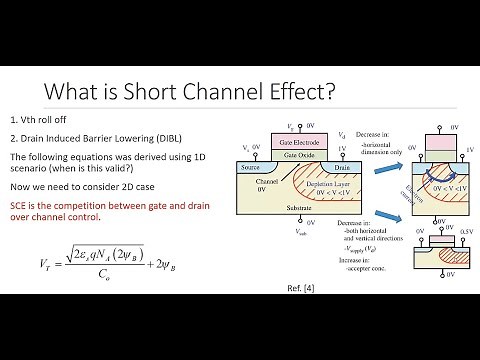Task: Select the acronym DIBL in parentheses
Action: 176,140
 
